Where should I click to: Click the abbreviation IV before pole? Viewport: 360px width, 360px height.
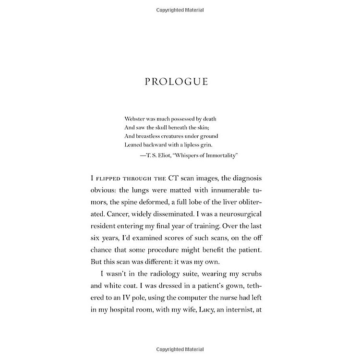(x=129, y=299)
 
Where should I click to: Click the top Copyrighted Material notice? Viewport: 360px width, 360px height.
(x=180, y=10)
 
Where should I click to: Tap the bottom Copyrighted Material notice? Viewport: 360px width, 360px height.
(x=180, y=349)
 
